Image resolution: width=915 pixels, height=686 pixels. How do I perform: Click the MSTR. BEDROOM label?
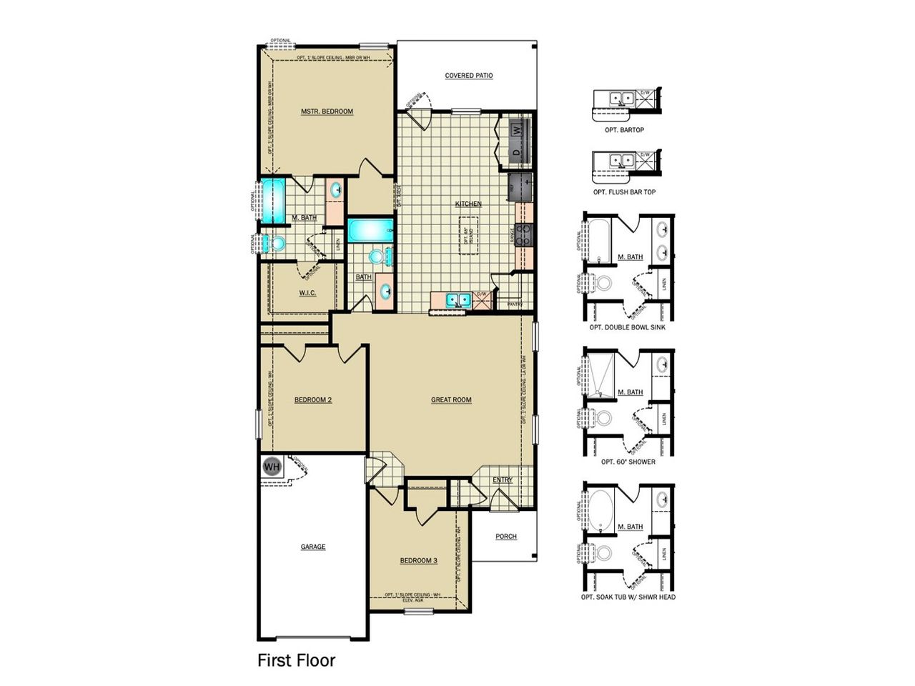pyautogui.click(x=327, y=111)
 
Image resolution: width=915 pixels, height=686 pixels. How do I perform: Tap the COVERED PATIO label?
pyautogui.click(x=469, y=76)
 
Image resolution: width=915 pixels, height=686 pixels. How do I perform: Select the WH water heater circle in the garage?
pyautogui.click(x=272, y=467)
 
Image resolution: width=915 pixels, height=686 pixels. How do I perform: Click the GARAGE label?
pyautogui.click(x=313, y=547)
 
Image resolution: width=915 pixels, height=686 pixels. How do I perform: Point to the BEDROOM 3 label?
pyautogui.click(x=418, y=560)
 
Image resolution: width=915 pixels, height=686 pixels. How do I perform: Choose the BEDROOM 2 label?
pyautogui.click(x=313, y=400)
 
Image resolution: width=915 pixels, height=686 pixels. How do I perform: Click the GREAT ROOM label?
pyautogui.click(x=451, y=400)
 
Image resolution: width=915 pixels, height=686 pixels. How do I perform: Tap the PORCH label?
pyautogui.click(x=506, y=537)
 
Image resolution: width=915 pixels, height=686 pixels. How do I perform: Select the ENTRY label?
pyautogui.click(x=503, y=480)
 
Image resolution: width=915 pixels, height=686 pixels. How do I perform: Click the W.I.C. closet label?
pyautogui.click(x=307, y=293)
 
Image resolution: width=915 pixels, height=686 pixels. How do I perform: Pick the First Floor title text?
pyautogui.click(x=296, y=660)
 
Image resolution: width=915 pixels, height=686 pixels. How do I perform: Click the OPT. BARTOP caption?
pyautogui.click(x=624, y=130)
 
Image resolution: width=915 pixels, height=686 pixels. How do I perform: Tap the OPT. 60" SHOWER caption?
pyautogui.click(x=628, y=462)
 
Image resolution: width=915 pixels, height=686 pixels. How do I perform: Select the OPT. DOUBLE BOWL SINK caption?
pyautogui.click(x=628, y=327)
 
